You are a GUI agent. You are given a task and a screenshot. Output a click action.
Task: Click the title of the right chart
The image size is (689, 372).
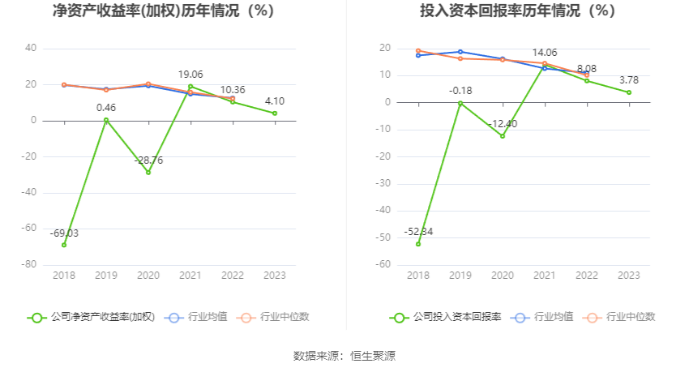pyautogui.click(x=518, y=11)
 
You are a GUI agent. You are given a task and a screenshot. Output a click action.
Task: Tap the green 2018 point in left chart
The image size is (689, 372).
pyautogui.click(x=64, y=245)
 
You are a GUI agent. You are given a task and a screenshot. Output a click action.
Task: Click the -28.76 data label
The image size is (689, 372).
pyautogui.click(x=148, y=160)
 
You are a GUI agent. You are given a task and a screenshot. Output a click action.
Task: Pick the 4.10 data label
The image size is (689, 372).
pyautogui.click(x=274, y=100)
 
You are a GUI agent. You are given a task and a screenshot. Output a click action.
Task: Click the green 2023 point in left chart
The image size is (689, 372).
pyautogui.click(x=275, y=113)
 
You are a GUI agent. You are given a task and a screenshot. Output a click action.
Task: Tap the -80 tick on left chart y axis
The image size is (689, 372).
pyautogui.click(x=28, y=265)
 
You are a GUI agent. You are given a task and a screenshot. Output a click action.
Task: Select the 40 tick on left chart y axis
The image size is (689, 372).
pyautogui.click(x=31, y=49)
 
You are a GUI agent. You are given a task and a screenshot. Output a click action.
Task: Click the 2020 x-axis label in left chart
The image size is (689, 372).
pyautogui.click(x=148, y=276)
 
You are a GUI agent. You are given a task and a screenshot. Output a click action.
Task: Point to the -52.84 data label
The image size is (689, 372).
pyautogui.click(x=418, y=232)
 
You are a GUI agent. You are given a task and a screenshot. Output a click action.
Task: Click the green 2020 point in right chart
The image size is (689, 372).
pyautogui.click(x=503, y=136)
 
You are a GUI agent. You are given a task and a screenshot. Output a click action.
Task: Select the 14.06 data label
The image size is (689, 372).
pyautogui.click(x=545, y=53)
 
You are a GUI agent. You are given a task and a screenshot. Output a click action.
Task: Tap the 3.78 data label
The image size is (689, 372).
pyautogui.click(x=628, y=79)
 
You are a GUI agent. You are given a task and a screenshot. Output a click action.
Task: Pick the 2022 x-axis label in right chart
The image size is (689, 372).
pyautogui.click(x=586, y=276)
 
